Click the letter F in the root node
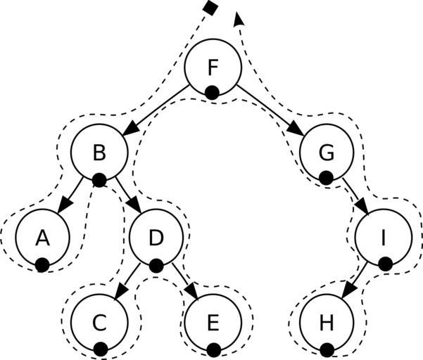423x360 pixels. (213, 68)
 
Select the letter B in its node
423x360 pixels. (99, 152)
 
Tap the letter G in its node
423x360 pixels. (325, 152)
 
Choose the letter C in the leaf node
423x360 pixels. (99, 323)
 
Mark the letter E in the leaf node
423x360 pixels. (213, 323)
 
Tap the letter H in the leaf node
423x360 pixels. (325, 323)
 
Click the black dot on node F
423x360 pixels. (212, 92)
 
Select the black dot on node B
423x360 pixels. (99, 180)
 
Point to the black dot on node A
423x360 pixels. (42, 264)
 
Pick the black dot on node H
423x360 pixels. (326, 349)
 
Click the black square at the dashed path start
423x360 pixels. (208, 7)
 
